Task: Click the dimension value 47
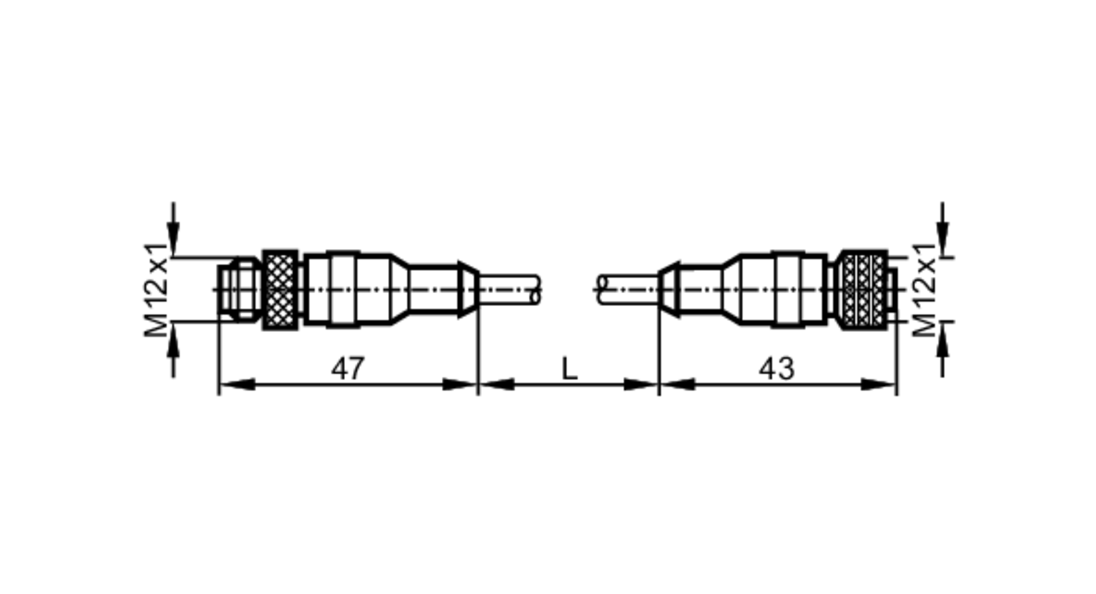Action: point(347,369)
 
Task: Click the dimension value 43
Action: point(776,369)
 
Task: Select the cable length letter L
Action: point(569,369)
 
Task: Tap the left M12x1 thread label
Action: point(156,290)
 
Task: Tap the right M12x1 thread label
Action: point(924,290)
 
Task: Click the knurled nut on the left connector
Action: point(280,289)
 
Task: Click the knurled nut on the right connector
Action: point(863,289)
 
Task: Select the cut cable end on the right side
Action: point(603,290)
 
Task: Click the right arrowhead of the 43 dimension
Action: point(880,385)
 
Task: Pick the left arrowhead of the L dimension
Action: point(496,385)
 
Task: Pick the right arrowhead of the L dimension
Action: point(640,385)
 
